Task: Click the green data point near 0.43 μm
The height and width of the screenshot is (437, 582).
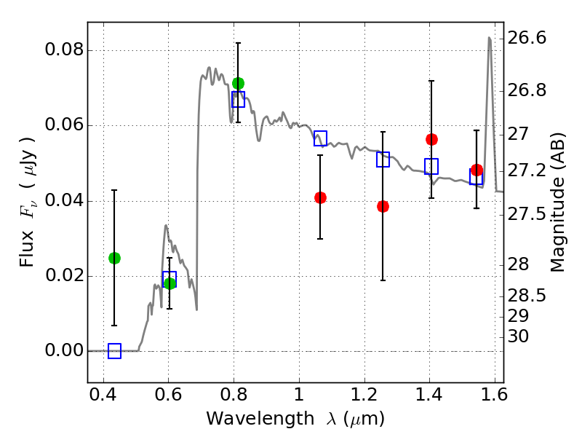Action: [x=114, y=258]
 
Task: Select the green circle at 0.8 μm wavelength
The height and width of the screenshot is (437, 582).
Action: [x=239, y=83]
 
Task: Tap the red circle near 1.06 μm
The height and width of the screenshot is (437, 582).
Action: [x=320, y=197]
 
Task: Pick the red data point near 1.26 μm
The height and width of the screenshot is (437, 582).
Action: [x=383, y=207]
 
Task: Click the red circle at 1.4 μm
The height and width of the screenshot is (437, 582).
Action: [x=431, y=139]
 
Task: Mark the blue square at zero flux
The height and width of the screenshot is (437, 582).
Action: [x=114, y=351]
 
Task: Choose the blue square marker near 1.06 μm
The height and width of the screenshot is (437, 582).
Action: [x=320, y=138]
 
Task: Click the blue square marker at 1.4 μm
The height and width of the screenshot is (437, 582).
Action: [x=431, y=166]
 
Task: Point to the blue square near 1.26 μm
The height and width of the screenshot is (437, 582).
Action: [x=383, y=160]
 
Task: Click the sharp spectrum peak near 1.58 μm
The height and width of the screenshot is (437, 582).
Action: [x=490, y=38]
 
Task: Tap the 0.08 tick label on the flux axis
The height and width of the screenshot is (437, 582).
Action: [x=65, y=50]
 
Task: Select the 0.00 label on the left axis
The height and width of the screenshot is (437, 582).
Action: [x=65, y=350]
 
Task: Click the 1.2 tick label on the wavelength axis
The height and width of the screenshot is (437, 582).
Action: [x=364, y=395]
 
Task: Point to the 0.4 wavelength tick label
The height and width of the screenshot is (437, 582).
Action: [x=103, y=395]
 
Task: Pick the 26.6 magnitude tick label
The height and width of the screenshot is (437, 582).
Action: [x=527, y=38]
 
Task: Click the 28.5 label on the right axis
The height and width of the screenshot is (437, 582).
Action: [x=527, y=296]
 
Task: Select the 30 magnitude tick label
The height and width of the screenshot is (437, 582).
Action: [x=518, y=336]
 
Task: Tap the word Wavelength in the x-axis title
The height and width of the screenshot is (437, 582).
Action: [x=260, y=419]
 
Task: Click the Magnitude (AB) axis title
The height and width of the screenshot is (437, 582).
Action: [x=557, y=202]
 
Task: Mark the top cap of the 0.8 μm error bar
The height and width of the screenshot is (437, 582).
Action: [x=239, y=43]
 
